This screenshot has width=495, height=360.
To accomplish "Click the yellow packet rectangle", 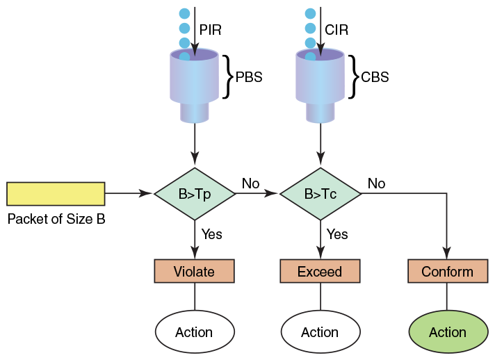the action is pos(56,194).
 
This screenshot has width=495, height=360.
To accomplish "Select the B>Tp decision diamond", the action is pos(195,194).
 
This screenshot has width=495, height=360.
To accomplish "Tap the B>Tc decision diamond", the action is pos(320,194).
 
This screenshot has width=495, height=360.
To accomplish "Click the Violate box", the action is pos(195,271).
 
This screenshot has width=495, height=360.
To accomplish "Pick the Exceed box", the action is pos(320,271).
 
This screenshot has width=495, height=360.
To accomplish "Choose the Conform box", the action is pos(448,271).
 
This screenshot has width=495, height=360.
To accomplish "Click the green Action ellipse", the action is pos(448,332).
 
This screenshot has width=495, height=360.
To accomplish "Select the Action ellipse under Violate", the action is pos(195,332).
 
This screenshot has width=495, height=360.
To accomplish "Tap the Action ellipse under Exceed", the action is pos(320,332).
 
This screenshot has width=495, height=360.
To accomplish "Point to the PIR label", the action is pos(210,30).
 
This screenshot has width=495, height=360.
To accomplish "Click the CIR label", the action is pos(336,30).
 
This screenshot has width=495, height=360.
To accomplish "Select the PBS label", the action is pos(249,77).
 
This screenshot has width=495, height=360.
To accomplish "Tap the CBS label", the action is pos(375,77).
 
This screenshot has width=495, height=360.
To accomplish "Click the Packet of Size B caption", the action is pos(56,219).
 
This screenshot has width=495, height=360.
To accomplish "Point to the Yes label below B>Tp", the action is pos(212,234).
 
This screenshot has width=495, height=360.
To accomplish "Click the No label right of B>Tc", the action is pos(376,183).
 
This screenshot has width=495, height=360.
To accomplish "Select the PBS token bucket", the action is pos(195,85).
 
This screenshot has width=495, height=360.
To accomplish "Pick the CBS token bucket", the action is pos(320,85).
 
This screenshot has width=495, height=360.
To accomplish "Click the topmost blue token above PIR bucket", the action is pos(185,14).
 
